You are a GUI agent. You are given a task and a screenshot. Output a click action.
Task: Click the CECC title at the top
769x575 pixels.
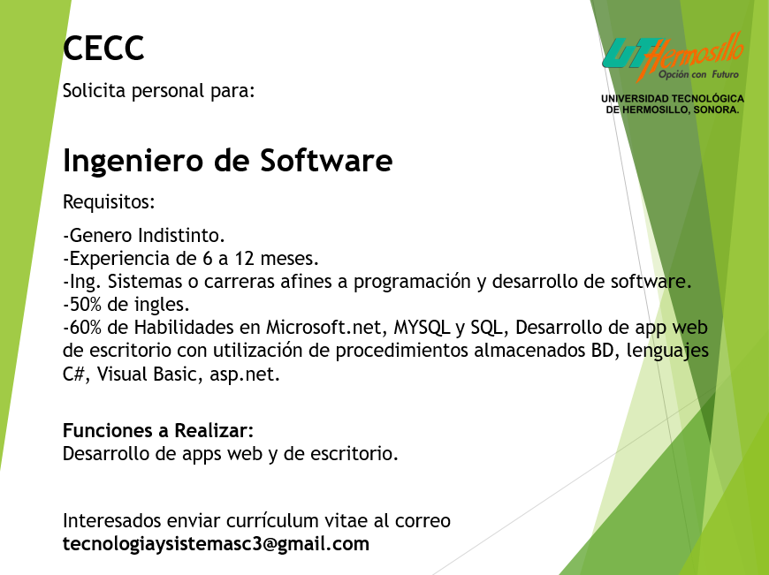point(103,48)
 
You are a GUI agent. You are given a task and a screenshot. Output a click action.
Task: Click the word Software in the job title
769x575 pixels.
point(326,160)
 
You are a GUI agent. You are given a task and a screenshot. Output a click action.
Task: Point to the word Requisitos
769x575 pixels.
point(109,201)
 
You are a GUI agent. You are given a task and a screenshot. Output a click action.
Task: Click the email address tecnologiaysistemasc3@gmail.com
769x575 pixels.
point(216,544)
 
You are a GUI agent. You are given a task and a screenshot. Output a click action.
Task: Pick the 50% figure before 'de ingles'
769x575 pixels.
point(84,305)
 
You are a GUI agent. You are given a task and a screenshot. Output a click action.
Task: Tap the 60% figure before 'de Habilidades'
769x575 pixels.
point(84,328)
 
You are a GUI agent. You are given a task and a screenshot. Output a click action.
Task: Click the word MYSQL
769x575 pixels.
point(422,328)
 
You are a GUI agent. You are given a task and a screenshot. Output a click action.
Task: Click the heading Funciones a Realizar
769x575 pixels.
point(158,430)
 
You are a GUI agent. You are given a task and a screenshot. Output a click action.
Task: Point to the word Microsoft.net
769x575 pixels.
point(324,328)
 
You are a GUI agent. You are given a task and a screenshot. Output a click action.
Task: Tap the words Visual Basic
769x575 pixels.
point(149,374)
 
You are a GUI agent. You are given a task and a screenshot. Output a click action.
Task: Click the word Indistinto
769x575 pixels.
point(181,235)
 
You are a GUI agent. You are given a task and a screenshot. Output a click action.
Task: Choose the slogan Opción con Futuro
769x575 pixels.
point(698,74)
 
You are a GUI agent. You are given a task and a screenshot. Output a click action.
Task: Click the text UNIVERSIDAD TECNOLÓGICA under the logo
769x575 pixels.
point(673,99)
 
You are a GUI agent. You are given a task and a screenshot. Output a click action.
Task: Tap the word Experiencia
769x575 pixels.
point(127,259)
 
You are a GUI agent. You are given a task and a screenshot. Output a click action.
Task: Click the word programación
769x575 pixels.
point(412,283)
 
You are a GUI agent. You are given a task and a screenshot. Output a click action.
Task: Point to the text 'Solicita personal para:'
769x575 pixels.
point(159,91)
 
